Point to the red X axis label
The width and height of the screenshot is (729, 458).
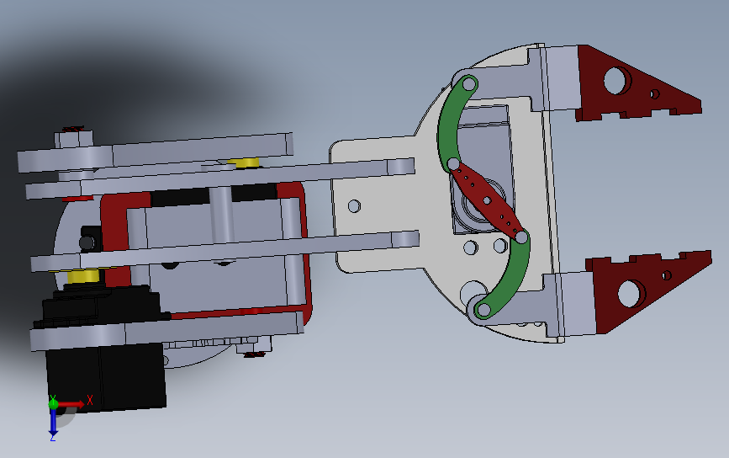[x=90, y=400]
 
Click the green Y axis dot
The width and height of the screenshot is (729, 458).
[x=53, y=403]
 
